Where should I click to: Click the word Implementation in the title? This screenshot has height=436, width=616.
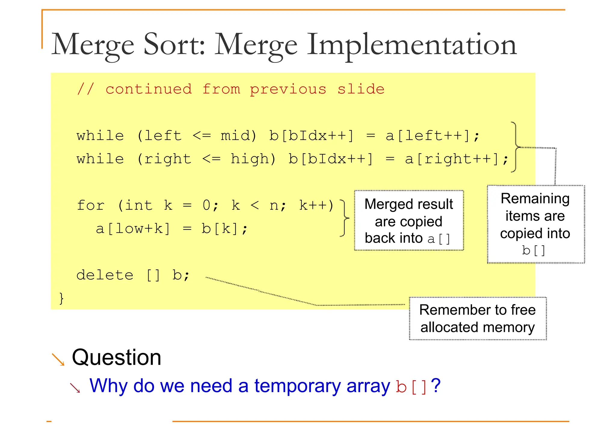[x=411, y=45]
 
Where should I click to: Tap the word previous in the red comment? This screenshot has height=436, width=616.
[x=288, y=89]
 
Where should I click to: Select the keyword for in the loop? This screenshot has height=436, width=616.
[x=91, y=205]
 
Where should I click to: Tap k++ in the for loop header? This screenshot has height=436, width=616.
[x=313, y=205]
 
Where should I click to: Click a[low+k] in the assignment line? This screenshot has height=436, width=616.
[x=133, y=229]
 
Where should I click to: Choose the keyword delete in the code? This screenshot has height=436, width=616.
[x=105, y=275]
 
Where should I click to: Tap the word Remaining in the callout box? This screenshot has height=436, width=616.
[x=535, y=198]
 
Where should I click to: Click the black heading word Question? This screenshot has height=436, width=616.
[x=116, y=357]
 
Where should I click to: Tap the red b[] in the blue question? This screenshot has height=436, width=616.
[x=411, y=387]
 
